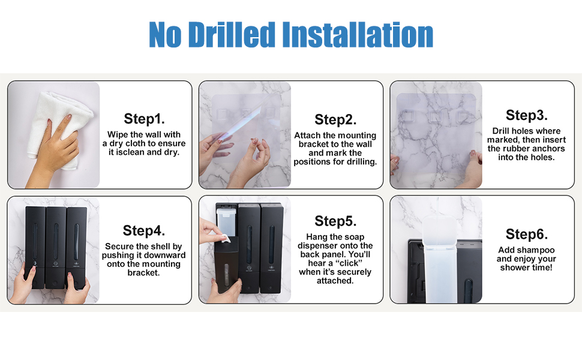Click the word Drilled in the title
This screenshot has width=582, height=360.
(232, 35)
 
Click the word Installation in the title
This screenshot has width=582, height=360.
(358, 35)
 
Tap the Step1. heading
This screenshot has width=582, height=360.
(144, 119)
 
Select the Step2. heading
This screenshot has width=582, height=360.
(335, 119)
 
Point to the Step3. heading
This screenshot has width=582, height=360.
(526, 115)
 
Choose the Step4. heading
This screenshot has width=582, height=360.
(143, 230)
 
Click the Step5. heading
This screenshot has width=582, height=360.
(335, 221)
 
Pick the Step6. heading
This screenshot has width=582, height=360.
(526, 234)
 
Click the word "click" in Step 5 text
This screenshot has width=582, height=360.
(349, 263)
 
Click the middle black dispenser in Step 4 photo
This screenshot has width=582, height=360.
(56, 248)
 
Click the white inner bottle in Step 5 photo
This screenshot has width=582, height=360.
(226, 221)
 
